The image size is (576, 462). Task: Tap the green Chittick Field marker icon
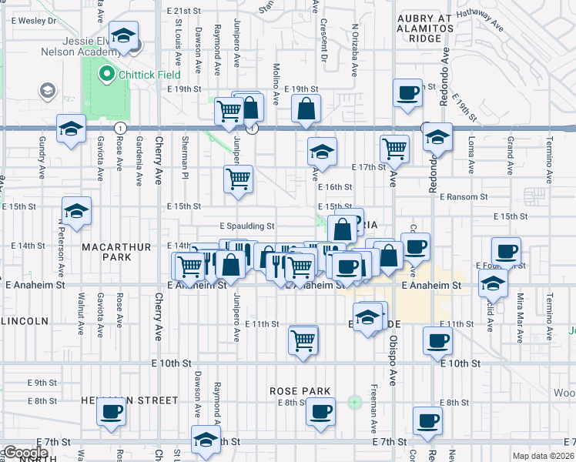(x=106, y=75)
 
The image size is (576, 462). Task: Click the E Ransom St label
(x=464, y=197)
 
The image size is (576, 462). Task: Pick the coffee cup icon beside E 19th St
(x=407, y=94)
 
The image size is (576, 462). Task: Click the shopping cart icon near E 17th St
(x=394, y=148)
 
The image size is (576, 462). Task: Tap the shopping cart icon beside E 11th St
(x=303, y=339)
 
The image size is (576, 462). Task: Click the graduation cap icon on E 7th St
(x=206, y=440)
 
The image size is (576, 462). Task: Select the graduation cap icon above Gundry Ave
(x=71, y=129)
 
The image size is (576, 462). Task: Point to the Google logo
(x=25, y=453)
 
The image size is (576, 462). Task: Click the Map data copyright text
(x=544, y=456)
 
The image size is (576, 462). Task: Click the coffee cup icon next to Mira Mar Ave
(x=507, y=252)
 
